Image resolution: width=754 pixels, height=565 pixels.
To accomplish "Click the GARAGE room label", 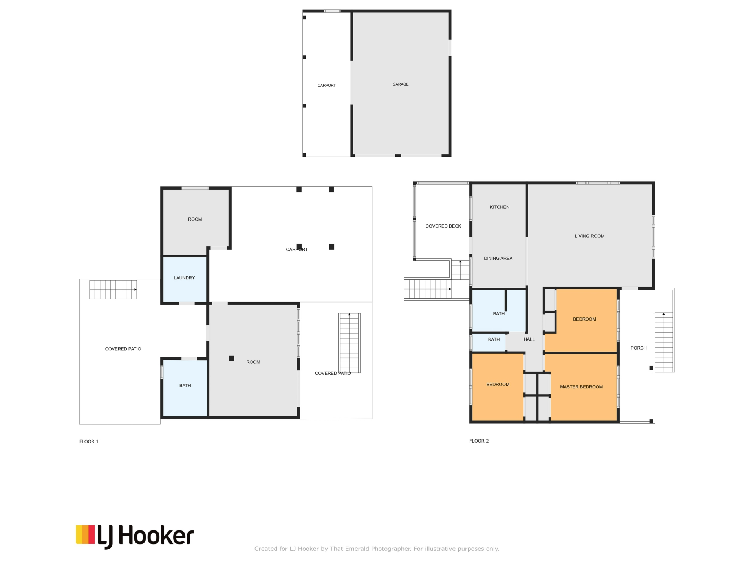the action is (x=401, y=84).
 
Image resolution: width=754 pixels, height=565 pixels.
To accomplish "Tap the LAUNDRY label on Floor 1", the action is (x=184, y=278).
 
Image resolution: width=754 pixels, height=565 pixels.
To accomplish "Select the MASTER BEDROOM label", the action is (x=581, y=387).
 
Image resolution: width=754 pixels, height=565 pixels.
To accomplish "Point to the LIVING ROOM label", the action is (x=589, y=236).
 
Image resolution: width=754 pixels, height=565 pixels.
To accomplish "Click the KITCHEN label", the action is (x=500, y=207).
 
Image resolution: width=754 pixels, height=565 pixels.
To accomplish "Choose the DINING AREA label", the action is (x=498, y=258).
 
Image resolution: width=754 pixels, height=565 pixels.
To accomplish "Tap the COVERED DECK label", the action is (x=443, y=226).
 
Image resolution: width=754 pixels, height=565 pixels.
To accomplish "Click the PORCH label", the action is (x=639, y=348).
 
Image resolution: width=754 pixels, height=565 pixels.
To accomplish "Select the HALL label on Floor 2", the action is (x=529, y=339).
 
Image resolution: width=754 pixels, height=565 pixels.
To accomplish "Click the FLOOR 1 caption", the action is (x=89, y=442).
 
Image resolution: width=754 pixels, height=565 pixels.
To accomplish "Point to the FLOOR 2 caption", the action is (x=479, y=441).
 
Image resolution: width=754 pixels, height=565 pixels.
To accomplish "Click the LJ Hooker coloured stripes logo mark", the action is (x=85, y=534).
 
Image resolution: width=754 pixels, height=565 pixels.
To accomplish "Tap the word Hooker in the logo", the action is (x=156, y=536).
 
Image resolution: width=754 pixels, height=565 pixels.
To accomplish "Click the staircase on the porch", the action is (x=664, y=342).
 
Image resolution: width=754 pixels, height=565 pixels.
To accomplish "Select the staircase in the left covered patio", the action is (x=113, y=290).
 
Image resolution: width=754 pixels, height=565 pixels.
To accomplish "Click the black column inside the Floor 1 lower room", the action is (x=232, y=358).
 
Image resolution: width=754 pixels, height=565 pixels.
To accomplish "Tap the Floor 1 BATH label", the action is (x=185, y=386).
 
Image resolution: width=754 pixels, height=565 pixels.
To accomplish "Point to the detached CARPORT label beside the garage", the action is (x=327, y=86).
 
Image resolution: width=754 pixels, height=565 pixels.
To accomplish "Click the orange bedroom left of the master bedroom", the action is (x=498, y=387).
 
